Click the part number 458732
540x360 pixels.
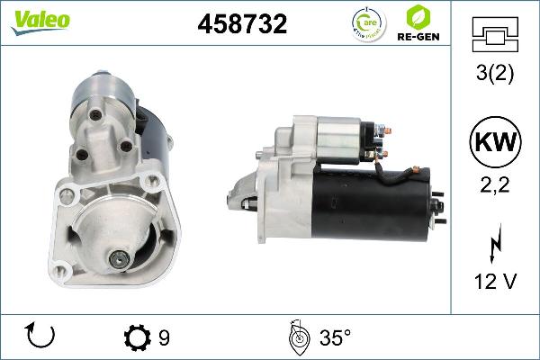(242, 25)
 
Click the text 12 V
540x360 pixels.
(492, 282)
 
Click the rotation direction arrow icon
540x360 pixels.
(41, 337)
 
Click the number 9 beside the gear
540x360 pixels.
(164, 337)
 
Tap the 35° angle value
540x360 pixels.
(335, 337)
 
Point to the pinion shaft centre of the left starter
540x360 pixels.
(118, 260)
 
